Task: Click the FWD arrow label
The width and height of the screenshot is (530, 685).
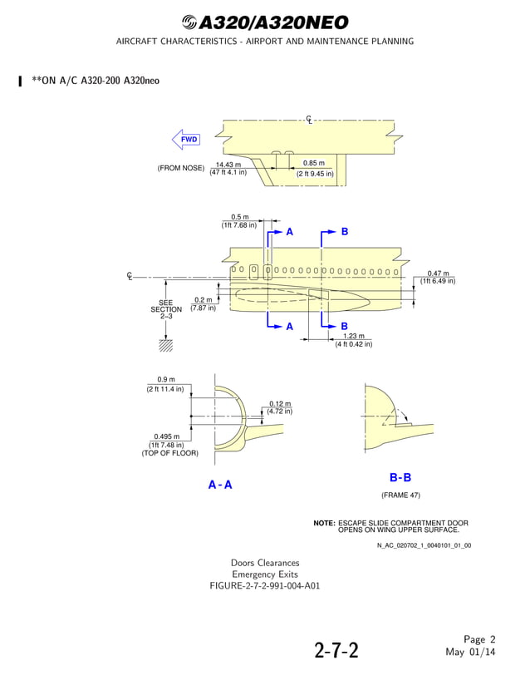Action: click(x=189, y=140)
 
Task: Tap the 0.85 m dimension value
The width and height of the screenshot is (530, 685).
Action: click(x=314, y=164)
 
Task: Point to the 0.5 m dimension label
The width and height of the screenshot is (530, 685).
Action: click(x=239, y=218)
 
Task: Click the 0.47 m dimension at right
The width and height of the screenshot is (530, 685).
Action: click(x=438, y=274)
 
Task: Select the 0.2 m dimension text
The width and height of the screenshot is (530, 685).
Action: click(x=203, y=300)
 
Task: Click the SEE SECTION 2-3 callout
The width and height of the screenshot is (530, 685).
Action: click(x=166, y=309)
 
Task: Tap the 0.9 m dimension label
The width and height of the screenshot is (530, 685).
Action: click(x=166, y=380)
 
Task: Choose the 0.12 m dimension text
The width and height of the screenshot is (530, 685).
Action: click(x=280, y=404)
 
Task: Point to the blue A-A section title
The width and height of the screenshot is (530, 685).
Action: click(x=220, y=485)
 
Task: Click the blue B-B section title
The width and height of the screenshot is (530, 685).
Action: click(x=400, y=478)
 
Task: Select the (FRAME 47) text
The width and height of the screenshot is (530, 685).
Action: click(x=400, y=495)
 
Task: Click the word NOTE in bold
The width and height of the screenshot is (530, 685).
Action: click(x=324, y=523)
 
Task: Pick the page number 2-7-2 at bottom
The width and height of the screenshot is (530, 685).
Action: click(x=336, y=649)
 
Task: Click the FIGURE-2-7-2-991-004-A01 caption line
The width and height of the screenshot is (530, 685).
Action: click(x=265, y=586)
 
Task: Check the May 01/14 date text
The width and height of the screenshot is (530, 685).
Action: click(x=471, y=652)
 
